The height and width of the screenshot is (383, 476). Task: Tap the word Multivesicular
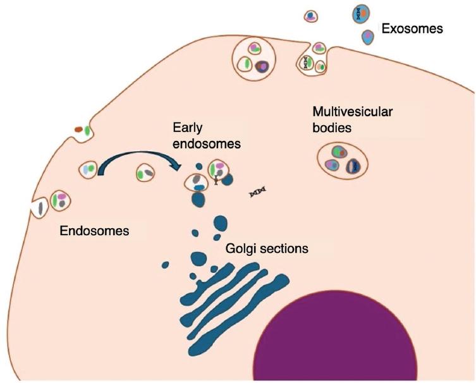click(x=353, y=112)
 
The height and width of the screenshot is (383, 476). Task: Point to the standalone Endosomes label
click(x=94, y=231)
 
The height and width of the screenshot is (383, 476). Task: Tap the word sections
click(x=285, y=248)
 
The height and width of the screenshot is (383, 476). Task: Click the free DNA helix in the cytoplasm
click(x=257, y=191)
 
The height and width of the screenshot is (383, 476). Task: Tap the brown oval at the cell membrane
click(x=78, y=130)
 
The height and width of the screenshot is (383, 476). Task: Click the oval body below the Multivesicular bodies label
click(x=343, y=159)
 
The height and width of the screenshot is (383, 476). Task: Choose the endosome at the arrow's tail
click(x=89, y=169)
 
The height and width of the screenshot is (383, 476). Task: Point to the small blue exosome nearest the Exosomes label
click(x=368, y=37)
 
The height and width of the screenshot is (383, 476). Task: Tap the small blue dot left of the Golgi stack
click(x=166, y=264)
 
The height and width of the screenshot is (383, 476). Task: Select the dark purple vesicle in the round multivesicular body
click(x=262, y=65)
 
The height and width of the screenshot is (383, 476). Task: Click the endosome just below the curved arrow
click(x=146, y=172)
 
